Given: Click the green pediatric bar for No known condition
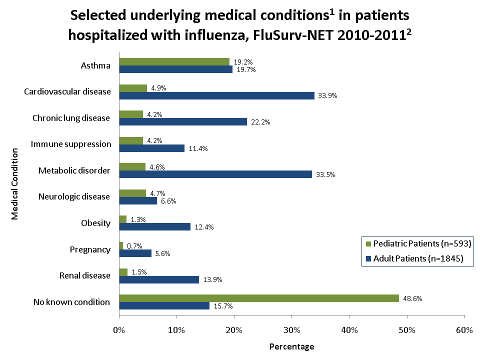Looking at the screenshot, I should point(259,298).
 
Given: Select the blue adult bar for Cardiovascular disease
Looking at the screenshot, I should point(216,95).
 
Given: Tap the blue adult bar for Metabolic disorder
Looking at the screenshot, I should point(215,174).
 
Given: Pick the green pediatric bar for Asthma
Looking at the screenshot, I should point(174,62).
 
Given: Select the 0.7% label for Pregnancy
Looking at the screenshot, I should point(134,245).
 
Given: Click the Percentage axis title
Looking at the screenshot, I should point(291,346).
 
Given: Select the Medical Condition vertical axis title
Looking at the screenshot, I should point(15,183).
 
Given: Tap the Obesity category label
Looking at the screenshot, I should point(95,223).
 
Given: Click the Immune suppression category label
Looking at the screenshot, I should point(71,144).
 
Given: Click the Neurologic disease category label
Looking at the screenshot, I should point(74,196).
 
